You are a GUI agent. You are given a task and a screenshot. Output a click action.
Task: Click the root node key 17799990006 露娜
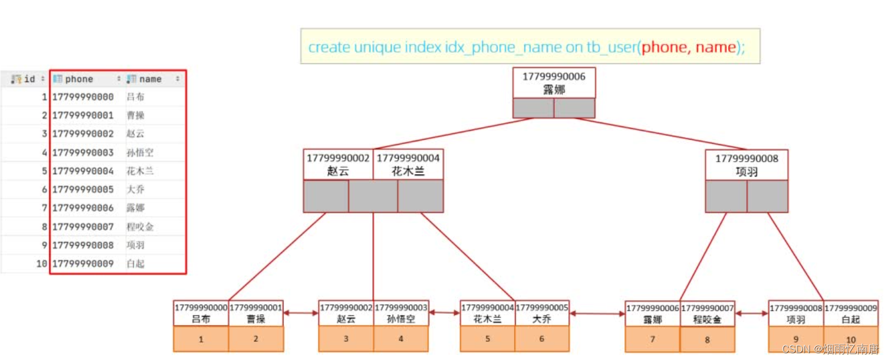[554, 83]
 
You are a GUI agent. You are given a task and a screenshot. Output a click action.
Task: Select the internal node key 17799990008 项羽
[746, 165]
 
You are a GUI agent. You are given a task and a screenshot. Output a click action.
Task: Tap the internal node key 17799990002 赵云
[338, 164]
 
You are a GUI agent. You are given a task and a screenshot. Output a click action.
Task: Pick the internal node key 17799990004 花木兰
[408, 164]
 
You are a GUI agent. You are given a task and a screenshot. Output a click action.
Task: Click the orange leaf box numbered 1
[201, 339]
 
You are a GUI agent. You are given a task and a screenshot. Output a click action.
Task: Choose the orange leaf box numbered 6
[542, 339]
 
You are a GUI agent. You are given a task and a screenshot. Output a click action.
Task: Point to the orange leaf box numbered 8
[707, 340]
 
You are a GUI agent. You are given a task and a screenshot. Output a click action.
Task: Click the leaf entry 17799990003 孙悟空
[401, 313]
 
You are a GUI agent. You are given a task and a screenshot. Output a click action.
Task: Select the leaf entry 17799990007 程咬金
[707, 314]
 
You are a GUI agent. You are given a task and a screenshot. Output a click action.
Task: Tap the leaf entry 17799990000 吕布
[201, 313]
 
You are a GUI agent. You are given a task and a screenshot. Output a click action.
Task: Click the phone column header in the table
[79, 79]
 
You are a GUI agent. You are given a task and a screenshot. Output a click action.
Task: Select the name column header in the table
[150, 79]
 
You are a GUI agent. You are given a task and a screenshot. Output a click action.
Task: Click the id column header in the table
[29, 79]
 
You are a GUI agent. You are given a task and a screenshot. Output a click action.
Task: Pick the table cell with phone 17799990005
[83, 189]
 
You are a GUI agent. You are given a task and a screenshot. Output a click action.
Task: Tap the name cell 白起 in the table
[136, 263]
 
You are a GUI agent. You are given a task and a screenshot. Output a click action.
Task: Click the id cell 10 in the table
[41, 263]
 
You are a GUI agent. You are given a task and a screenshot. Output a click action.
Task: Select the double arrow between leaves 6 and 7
[597, 313]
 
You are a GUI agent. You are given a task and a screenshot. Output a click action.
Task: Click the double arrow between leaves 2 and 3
[301, 313]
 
